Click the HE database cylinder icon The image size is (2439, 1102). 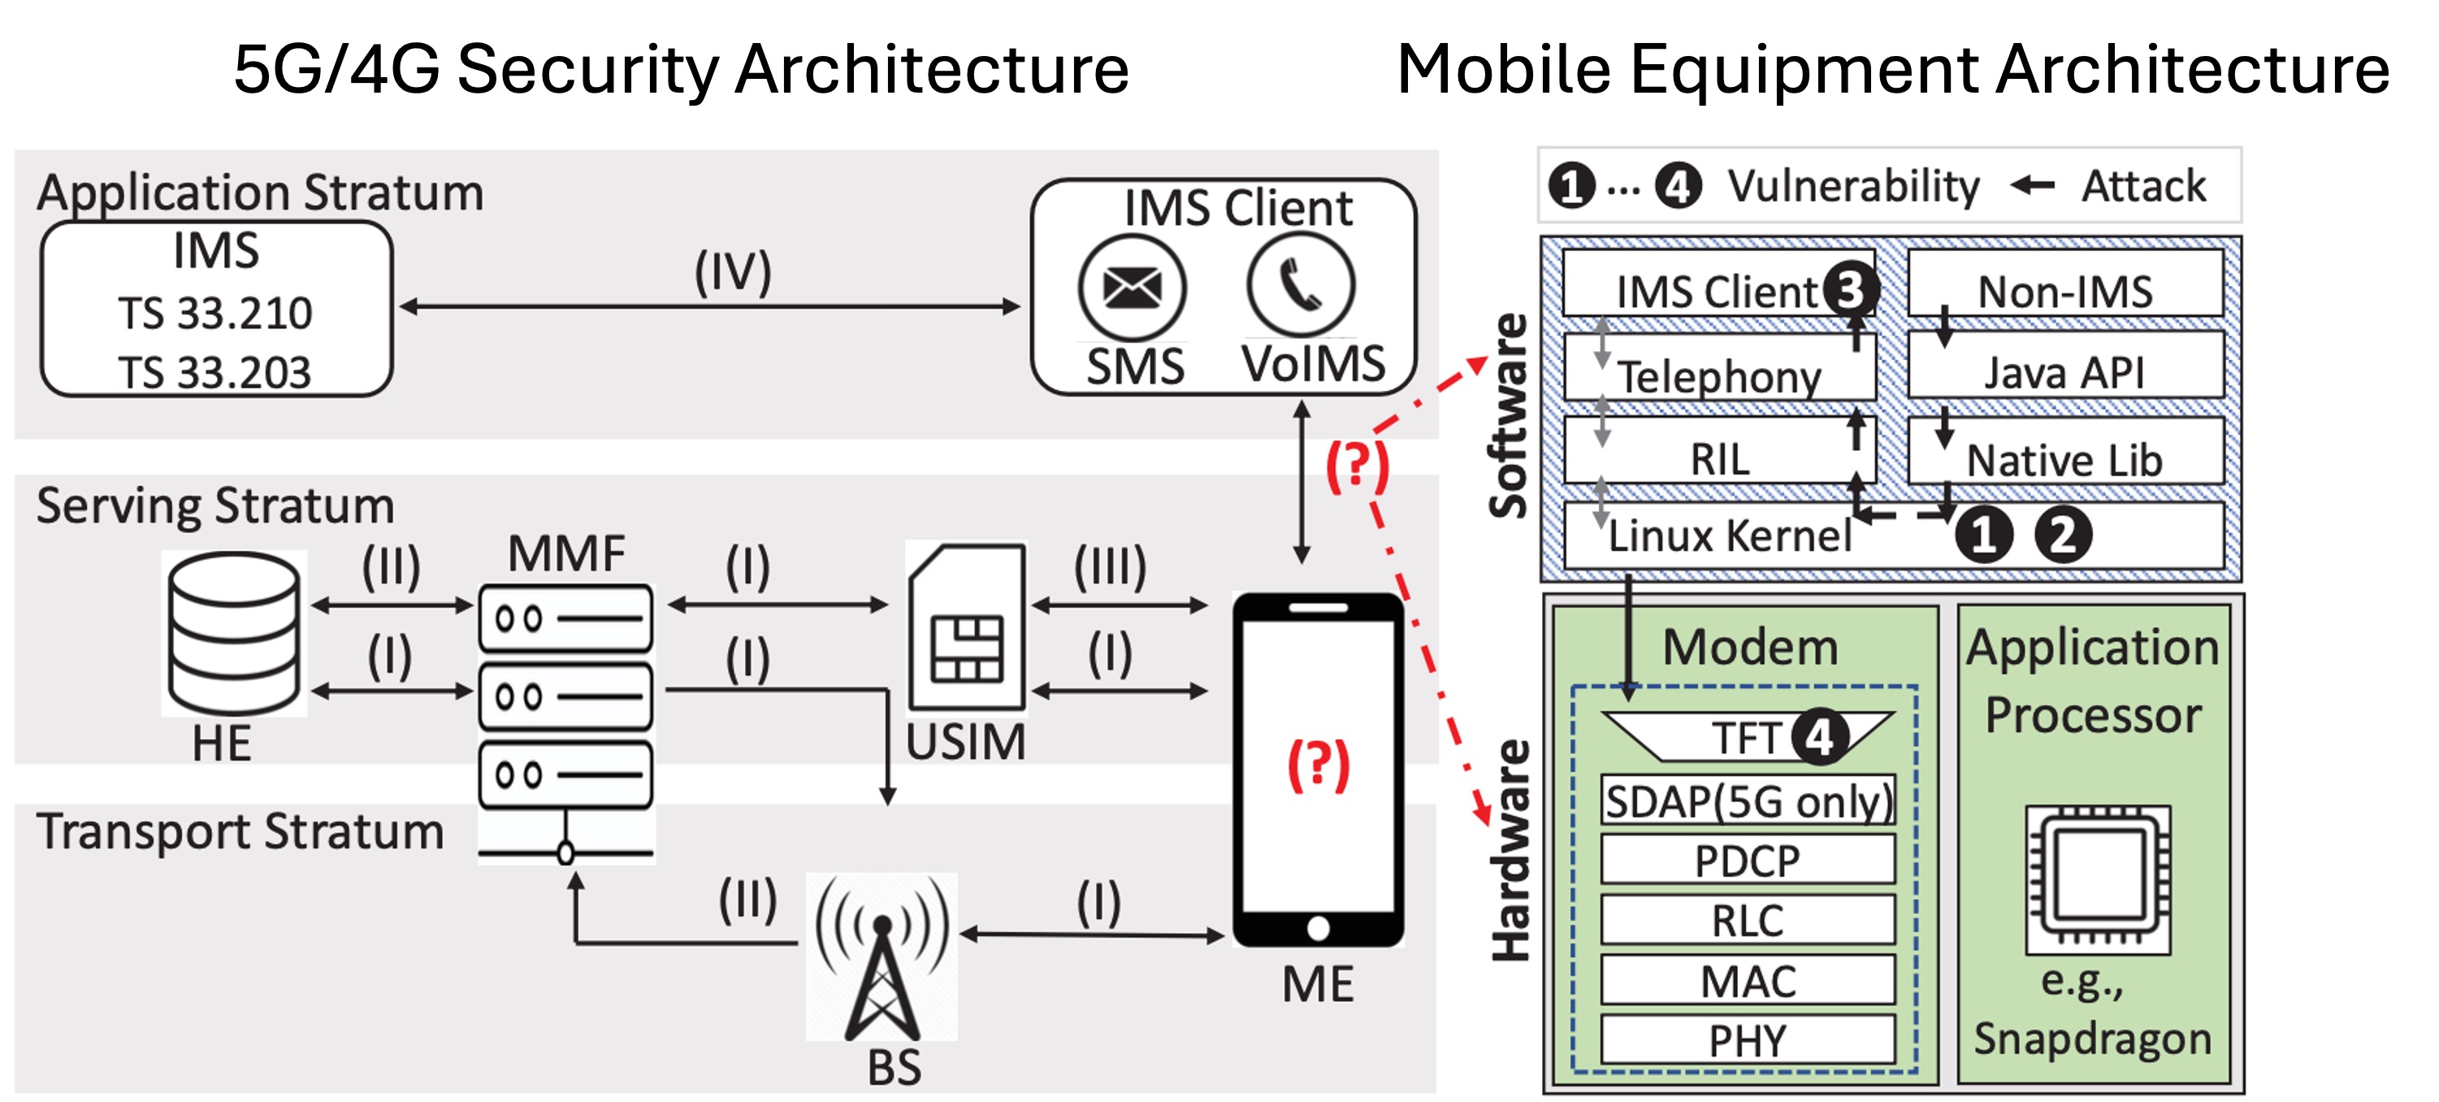coord(234,631)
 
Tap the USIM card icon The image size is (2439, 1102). coord(966,627)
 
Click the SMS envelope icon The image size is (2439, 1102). coord(1133,288)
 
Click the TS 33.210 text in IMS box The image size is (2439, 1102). coord(215,315)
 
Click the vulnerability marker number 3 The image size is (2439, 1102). coord(1849,289)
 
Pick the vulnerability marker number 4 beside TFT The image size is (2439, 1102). coord(1819,737)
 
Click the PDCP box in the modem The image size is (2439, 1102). coord(1748,861)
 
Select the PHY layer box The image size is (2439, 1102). coord(1748,1040)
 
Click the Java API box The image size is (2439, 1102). coord(2064,372)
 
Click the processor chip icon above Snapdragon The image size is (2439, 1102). coord(2097,879)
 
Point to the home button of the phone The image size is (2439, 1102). coord(1318,929)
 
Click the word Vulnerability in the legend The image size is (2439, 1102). coord(1853,186)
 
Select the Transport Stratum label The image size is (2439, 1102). coord(240,831)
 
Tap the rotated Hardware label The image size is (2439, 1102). coord(1511,849)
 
